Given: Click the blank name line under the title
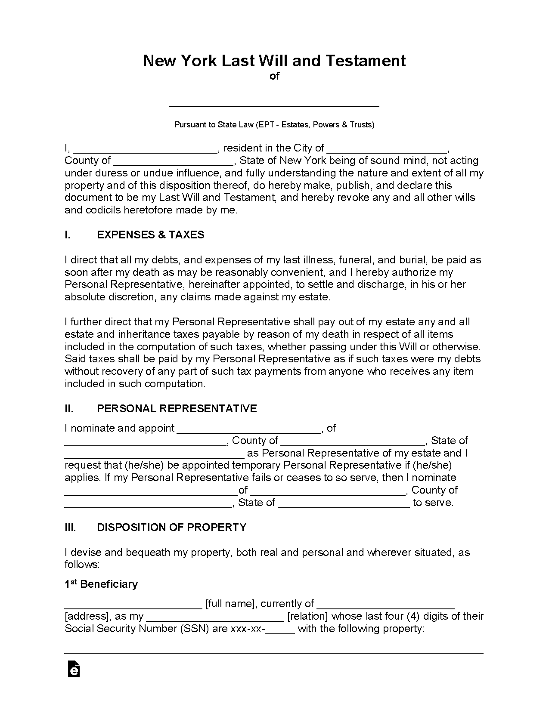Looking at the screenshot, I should coord(274,103).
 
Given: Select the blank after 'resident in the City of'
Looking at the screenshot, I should coord(387,149).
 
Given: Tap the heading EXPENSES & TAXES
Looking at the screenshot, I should coord(151,235).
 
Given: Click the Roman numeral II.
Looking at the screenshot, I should coord(69,409).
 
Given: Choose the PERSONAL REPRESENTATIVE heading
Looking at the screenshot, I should coord(177,409).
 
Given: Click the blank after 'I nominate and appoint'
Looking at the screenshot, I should coord(249,429).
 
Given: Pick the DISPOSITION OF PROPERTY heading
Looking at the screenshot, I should coord(172,528).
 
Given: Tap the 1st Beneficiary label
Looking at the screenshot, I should coord(101,584).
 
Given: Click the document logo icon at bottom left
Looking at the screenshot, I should coord(74,670).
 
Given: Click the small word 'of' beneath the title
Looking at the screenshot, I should coord(274,76).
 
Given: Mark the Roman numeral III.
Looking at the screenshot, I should coord(70,528).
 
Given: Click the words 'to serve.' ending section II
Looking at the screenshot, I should coord(433,503).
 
